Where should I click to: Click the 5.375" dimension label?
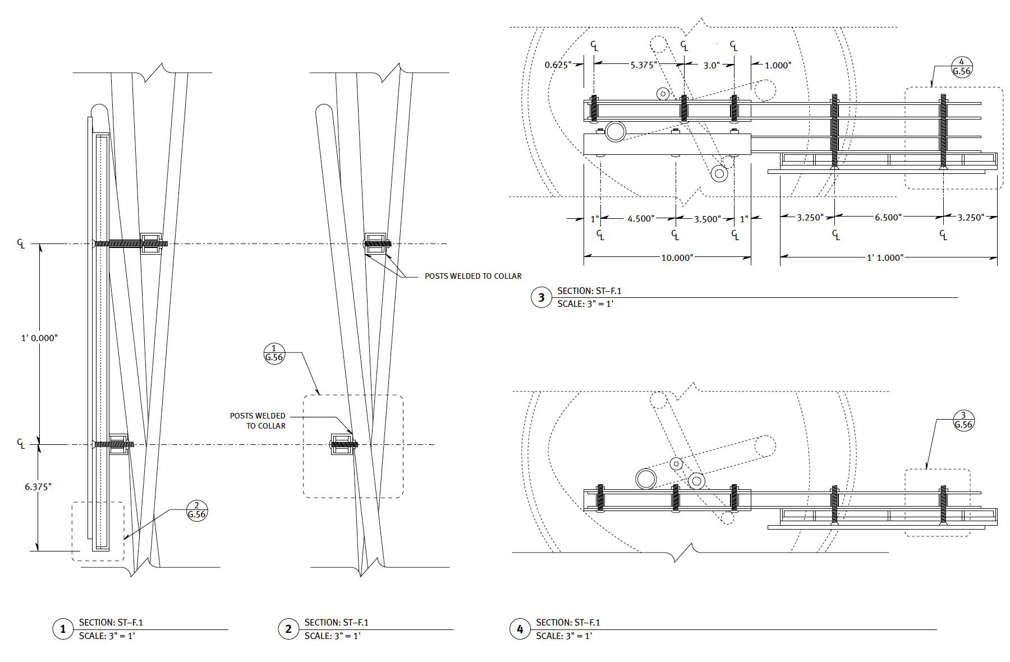click(x=642, y=65)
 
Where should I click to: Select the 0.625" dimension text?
click(x=558, y=65)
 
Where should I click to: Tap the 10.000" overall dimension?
click(x=677, y=258)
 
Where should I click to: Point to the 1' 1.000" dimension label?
click(x=885, y=258)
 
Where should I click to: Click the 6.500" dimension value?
click(x=888, y=218)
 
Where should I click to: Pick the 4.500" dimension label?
click(x=640, y=219)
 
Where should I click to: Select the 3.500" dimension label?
click(x=707, y=219)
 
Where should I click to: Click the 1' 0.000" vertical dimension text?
click(x=39, y=338)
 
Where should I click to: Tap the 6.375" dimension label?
click(x=38, y=487)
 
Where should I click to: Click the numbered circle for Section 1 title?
click(x=63, y=629)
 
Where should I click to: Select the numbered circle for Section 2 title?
click(x=288, y=629)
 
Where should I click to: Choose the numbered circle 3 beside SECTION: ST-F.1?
click(x=541, y=297)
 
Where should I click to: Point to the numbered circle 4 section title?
click(x=520, y=629)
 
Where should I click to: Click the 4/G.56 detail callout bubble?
click(x=962, y=67)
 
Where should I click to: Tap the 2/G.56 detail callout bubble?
click(x=197, y=511)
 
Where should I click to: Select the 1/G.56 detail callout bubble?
click(x=274, y=353)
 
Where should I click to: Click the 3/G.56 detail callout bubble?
click(x=963, y=420)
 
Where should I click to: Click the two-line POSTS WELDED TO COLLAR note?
click(x=258, y=421)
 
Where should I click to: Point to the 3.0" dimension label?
click(x=711, y=65)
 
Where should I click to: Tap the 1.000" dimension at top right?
click(x=778, y=65)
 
